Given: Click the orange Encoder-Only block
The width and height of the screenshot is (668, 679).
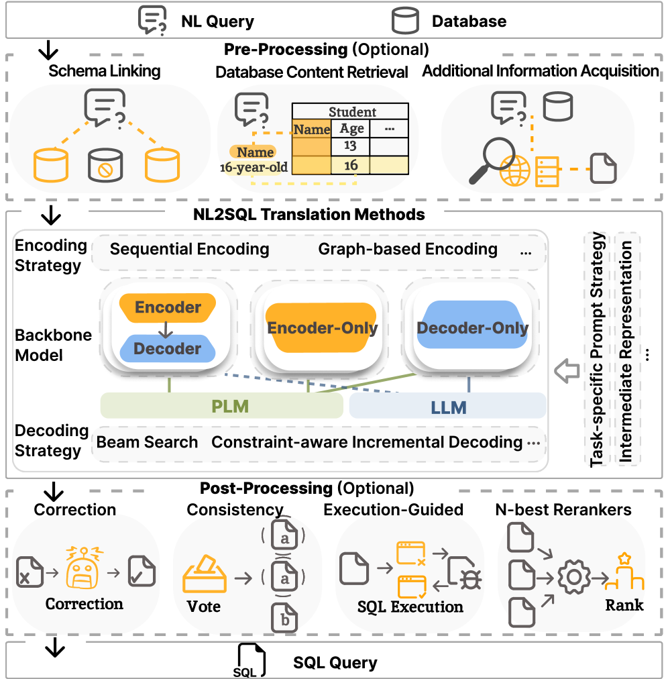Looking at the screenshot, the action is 322,327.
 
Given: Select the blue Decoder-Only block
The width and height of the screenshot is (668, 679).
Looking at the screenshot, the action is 472,325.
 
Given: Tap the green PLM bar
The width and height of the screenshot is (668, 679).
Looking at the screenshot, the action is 221,406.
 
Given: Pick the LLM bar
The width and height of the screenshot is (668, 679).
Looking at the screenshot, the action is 447,406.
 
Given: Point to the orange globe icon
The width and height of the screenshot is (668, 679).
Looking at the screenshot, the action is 514,170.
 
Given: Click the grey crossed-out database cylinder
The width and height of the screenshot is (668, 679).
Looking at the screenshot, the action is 105,165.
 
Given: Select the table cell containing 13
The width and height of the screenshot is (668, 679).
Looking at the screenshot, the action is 350,146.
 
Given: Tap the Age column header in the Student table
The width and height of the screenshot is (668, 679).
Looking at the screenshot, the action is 351,129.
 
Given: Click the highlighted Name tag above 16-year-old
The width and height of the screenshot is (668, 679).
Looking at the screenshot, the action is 254,152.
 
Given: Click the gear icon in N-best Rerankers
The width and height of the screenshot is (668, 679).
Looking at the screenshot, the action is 574,577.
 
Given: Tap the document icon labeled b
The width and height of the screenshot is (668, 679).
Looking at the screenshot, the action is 284,617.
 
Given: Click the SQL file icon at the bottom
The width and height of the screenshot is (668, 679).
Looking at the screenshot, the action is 250,661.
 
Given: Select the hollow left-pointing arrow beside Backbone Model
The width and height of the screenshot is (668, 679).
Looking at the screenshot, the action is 567,370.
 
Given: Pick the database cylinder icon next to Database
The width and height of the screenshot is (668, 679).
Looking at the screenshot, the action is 405,21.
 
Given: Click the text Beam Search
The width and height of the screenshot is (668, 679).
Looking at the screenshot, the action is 147,442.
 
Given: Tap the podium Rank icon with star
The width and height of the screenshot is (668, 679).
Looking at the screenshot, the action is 624,572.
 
